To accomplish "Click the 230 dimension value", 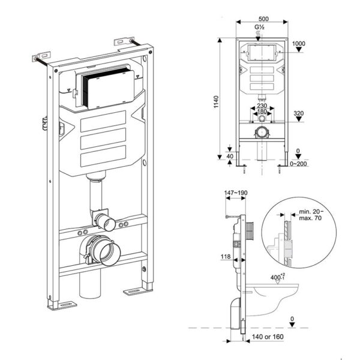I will [262, 106].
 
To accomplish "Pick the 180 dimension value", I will [262, 112].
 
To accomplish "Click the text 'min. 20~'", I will [311, 212].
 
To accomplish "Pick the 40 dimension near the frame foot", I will [230, 157].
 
